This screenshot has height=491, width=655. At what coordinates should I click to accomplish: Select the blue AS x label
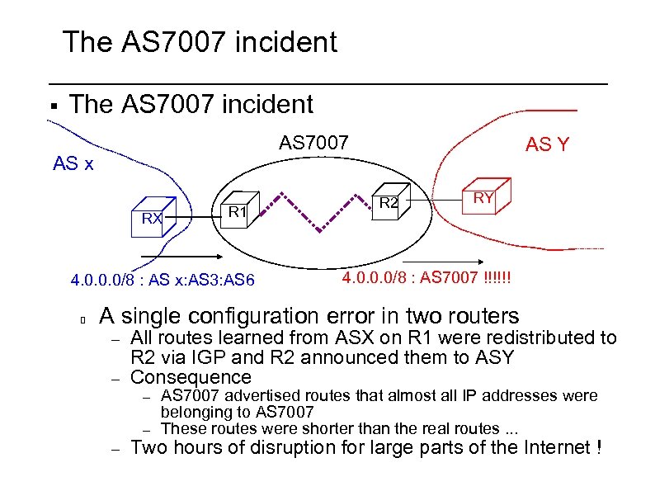click(x=73, y=163)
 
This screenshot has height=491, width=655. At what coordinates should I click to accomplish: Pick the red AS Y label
click(x=547, y=145)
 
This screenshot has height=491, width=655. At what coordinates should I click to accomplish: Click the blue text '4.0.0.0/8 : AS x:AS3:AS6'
click(x=163, y=281)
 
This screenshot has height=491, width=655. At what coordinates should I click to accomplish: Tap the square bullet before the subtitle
click(x=52, y=106)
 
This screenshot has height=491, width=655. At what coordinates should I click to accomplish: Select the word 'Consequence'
click(x=191, y=377)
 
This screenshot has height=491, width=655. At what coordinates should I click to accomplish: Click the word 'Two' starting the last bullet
click(x=150, y=448)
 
